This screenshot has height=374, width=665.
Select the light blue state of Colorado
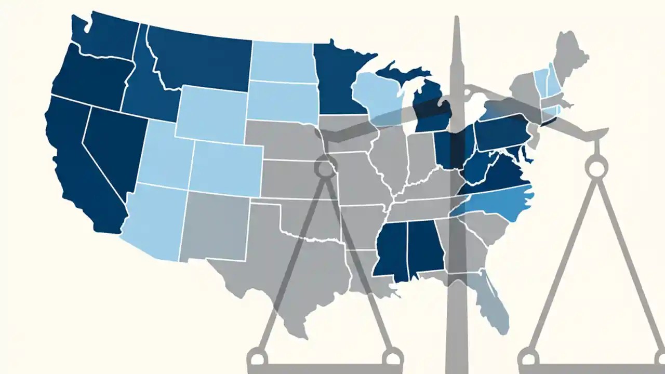click(x=226, y=166)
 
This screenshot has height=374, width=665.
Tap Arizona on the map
click(x=151, y=218)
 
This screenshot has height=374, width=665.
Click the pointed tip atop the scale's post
click(x=457, y=20)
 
